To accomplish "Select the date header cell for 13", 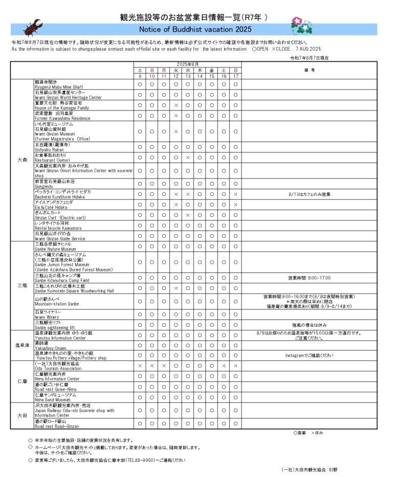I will [188, 76].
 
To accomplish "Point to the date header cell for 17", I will [235, 76].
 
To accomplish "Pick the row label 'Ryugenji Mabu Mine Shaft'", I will [59, 87].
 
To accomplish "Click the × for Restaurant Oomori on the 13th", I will [188, 157].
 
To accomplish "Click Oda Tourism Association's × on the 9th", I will [140, 366].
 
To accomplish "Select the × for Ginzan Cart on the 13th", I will [188, 215].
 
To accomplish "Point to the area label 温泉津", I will [22, 345].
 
